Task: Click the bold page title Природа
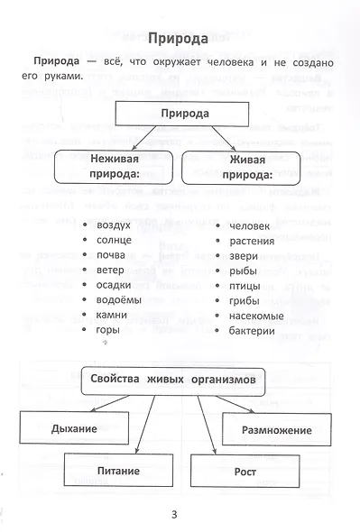(x=178, y=39)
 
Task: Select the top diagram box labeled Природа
(x=182, y=114)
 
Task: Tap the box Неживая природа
(x=114, y=167)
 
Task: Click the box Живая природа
(x=241, y=168)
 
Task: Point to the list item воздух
(x=114, y=225)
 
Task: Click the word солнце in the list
(x=114, y=240)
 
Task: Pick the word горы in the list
(x=108, y=330)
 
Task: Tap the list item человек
(x=249, y=226)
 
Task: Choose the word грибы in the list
(x=245, y=301)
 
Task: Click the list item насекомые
(x=256, y=316)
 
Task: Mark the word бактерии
(x=252, y=331)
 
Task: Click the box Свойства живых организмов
(x=173, y=381)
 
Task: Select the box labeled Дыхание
(x=74, y=427)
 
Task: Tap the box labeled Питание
(x=118, y=471)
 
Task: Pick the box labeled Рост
(x=245, y=472)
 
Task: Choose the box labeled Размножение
(x=276, y=429)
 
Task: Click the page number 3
(x=174, y=515)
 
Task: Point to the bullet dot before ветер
(x=85, y=270)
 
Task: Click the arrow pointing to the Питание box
(x=145, y=424)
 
